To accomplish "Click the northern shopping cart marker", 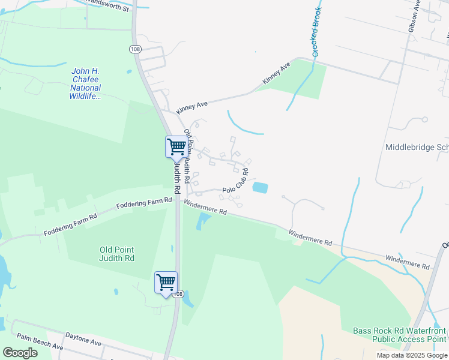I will tap(176, 146).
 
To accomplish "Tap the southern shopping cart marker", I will tap(166, 281).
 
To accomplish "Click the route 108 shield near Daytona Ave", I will tap(177, 294).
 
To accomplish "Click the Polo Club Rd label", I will tap(235, 181).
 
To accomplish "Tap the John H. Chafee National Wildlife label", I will tap(85, 83).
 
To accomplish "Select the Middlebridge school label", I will tap(417, 147).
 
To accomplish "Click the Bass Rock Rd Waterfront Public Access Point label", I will tap(399, 335).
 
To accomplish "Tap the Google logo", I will tap(20, 353).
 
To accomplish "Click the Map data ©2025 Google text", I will tap(412, 355).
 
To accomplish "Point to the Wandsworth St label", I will tap(107, 5).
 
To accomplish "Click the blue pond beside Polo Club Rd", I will tap(260, 188).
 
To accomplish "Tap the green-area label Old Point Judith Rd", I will tap(117, 254).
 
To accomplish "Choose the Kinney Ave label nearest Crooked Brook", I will tap(276, 73).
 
